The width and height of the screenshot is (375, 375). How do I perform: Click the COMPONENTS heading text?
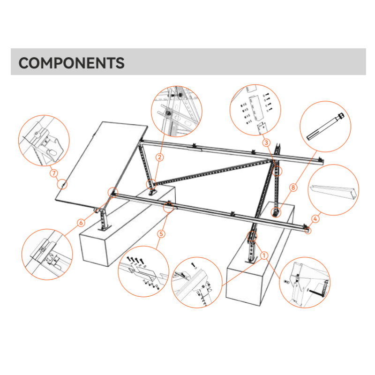71,63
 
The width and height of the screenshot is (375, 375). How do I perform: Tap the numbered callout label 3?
266,142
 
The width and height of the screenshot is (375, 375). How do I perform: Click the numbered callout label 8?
293,187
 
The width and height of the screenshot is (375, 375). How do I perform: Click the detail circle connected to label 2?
176,111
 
